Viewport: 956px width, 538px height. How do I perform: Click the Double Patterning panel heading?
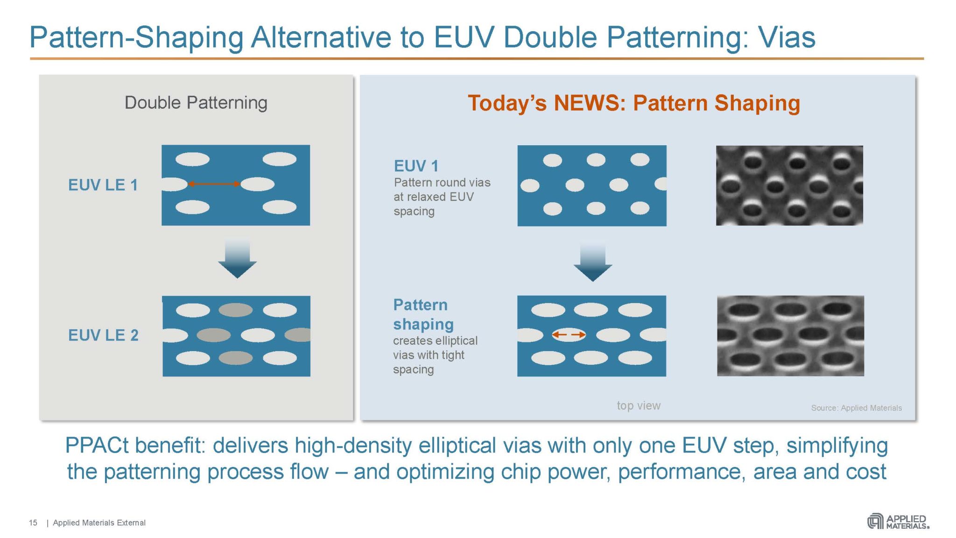(x=196, y=103)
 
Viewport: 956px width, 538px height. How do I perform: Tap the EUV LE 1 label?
(x=103, y=185)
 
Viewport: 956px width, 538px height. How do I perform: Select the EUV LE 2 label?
(x=103, y=335)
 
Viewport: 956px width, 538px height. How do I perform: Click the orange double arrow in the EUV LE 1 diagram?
(x=214, y=184)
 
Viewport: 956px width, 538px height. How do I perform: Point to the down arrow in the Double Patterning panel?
(x=237, y=260)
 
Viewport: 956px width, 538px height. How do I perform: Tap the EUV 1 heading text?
(x=416, y=166)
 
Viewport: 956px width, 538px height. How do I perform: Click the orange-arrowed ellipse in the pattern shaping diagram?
(x=569, y=334)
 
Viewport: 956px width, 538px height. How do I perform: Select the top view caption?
(x=638, y=405)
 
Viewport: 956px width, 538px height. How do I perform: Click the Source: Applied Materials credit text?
(x=856, y=408)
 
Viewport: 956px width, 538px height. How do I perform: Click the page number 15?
(x=33, y=523)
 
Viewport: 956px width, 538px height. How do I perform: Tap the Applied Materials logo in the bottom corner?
(x=898, y=522)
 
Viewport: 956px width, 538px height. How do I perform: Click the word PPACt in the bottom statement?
(x=96, y=446)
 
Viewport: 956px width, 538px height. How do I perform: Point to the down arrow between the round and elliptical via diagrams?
(x=592, y=262)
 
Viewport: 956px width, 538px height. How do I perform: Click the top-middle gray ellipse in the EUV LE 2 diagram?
(x=236, y=310)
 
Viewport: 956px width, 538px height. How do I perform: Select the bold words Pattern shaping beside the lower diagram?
(x=423, y=314)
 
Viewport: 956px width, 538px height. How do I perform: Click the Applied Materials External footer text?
(x=99, y=523)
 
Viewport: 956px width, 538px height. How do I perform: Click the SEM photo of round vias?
(x=789, y=185)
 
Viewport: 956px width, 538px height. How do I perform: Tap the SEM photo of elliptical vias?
(x=790, y=335)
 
